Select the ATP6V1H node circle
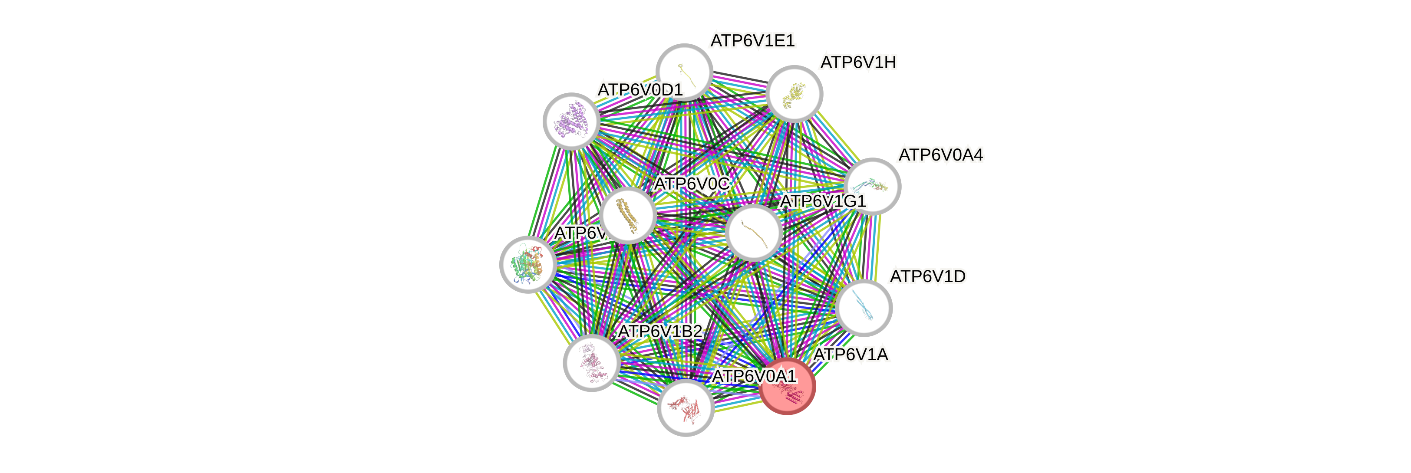[794, 94]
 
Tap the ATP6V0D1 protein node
[571, 121]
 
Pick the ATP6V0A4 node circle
[872, 186]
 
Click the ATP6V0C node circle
[628, 215]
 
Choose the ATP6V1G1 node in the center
[754, 233]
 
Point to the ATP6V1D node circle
[864, 308]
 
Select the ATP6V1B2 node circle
[592, 362]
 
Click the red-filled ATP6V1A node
[787, 387]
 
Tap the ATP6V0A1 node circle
[685, 408]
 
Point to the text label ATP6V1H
[858, 63]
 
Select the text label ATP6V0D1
[640, 90]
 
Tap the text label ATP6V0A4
[940, 155]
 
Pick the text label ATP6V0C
[691, 184]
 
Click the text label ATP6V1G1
[822, 201]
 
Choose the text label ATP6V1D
[927, 277]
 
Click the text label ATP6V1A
[851, 355]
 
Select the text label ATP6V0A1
[754, 377]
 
